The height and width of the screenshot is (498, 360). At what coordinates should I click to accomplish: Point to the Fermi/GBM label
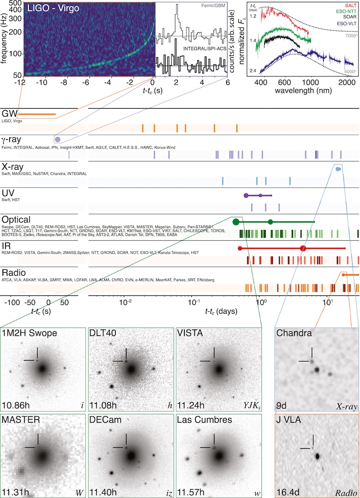tap(215, 6)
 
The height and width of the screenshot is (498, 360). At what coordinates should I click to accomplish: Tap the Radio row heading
tap(14, 273)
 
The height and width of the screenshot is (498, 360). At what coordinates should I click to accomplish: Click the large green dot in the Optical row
tap(236, 222)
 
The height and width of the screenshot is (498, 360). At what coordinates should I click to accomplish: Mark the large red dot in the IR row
tap(303, 248)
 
